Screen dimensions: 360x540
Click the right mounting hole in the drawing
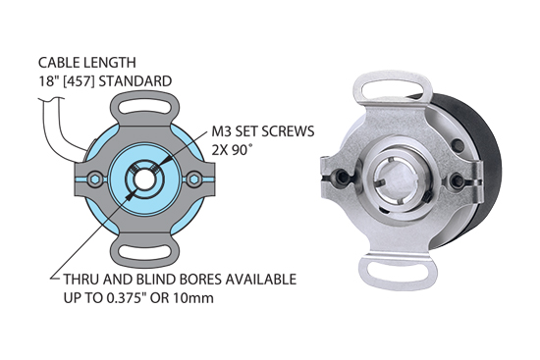point(196,179)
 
